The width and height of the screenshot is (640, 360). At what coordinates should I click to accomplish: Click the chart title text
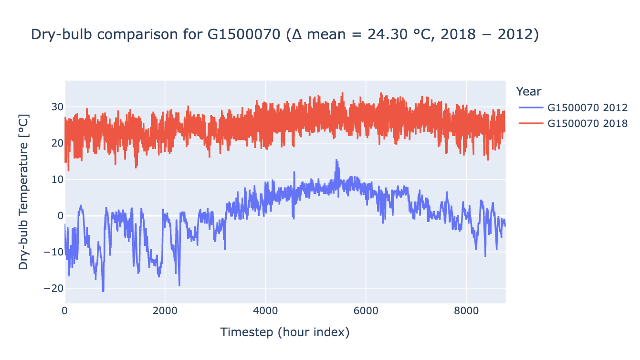[x=284, y=35]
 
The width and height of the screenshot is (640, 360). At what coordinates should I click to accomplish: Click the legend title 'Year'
[x=528, y=91]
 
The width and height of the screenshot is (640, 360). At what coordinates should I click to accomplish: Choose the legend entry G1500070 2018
[x=587, y=123]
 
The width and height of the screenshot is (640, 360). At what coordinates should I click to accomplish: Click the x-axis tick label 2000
[x=165, y=311]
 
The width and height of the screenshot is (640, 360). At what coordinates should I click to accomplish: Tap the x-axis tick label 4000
[x=265, y=311]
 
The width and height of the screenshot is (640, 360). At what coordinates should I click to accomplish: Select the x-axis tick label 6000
[x=366, y=311]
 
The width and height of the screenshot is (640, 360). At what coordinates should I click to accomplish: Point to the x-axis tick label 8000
[x=466, y=311]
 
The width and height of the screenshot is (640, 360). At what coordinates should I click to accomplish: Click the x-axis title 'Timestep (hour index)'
[x=285, y=332]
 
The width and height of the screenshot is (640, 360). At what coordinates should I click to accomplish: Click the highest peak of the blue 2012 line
[x=336, y=160]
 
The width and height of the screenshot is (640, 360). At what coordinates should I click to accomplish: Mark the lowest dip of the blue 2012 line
[x=103, y=291]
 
